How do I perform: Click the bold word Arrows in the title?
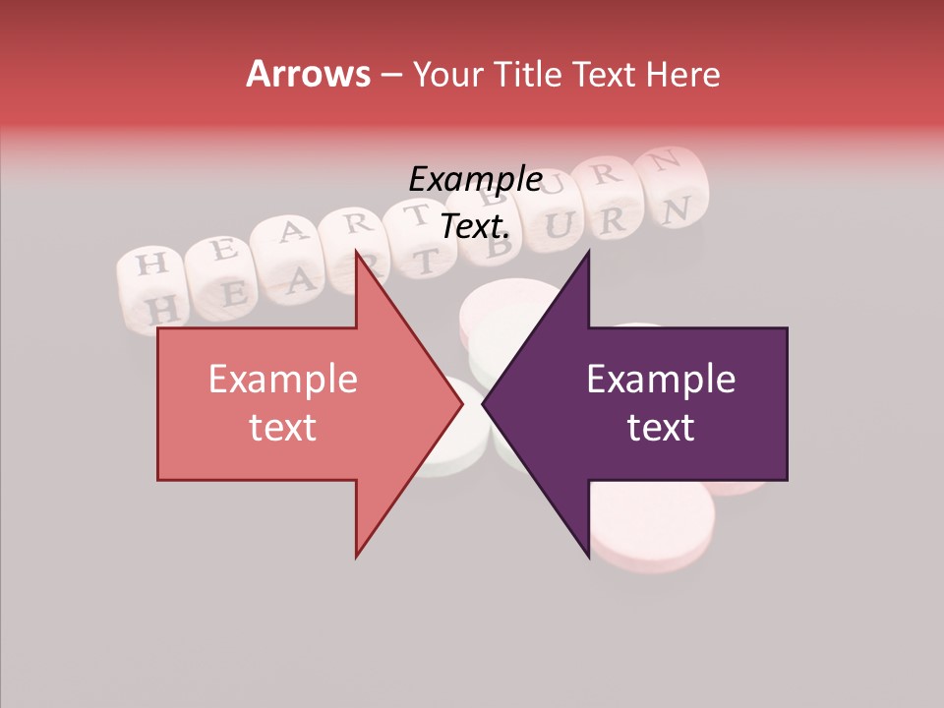[x=308, y=75]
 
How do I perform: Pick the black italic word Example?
[x=475, y=180]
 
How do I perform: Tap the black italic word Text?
[x=475, y=227]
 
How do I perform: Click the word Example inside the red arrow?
[x=282, y=380]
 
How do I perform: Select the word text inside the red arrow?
[x=282, y=428]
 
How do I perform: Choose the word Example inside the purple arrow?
[x=661, y=380]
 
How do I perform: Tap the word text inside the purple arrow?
[x=661, y=428]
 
